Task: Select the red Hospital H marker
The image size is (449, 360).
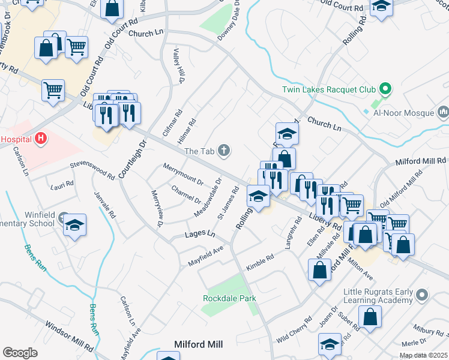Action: (x=41, y=139)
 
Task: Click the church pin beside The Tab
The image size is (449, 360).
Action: (x=224, y=150)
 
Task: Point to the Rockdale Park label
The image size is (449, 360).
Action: (x=229, y=298)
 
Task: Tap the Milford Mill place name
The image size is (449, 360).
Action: (x=198, y=344)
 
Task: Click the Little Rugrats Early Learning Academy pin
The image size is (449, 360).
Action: (x=422, y=295)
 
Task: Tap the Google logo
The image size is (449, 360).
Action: (x=20, y=353)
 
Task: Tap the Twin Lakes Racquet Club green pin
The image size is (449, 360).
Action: (x=386, y=90)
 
